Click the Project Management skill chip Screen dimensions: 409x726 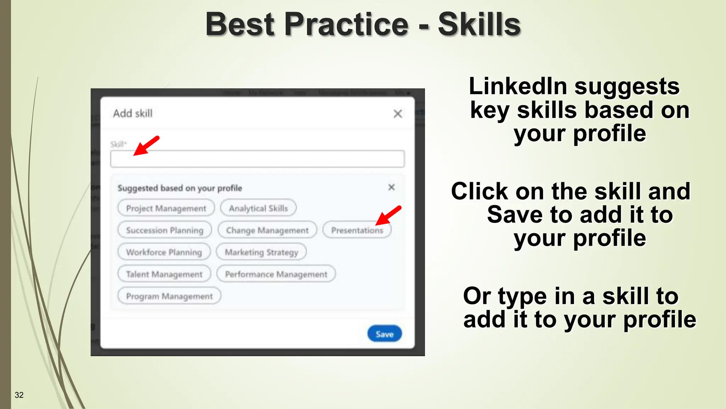(166, 208)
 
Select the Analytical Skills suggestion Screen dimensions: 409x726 (258, 208)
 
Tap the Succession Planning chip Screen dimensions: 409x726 (164, 230)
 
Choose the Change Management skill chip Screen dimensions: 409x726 (267, 230)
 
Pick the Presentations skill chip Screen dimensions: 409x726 (357, 230)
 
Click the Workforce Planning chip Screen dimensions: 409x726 (164, 252)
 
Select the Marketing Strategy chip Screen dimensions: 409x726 (261, 252)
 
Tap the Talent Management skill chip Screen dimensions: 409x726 (164, 274)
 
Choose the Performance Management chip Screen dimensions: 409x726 (276, 274)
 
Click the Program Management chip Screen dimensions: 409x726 (169, 296)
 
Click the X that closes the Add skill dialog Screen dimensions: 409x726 (398, 114)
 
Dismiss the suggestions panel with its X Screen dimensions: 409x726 (391, 187)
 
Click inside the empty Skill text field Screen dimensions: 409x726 (257, 159)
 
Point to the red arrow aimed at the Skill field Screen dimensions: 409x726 (146, 146)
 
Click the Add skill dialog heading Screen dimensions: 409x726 (133, 113)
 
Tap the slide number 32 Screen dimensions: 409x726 (19, 395)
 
